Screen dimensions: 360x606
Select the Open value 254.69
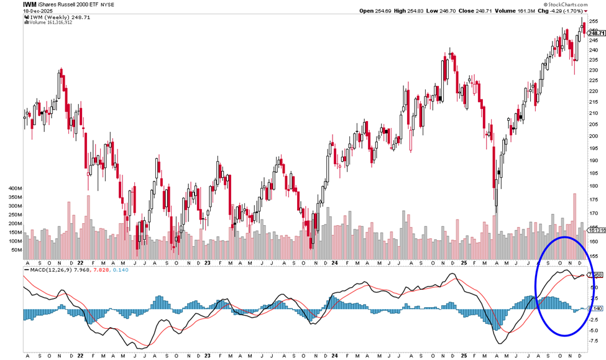tap(380, 11)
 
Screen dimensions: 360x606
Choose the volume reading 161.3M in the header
tap(531, 11)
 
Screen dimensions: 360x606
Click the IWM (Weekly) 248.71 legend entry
tap(57, 17)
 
